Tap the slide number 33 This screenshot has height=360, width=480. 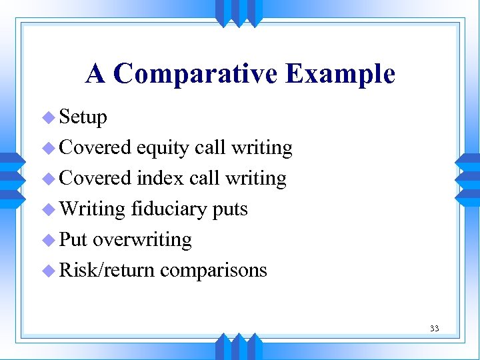[x=434, y=328]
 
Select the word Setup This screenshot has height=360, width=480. [x=83, y=117]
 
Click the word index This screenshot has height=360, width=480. [x=160, y=178]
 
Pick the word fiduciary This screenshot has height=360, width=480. [x=169, y=209]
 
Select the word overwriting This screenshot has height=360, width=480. [x=142, y=240]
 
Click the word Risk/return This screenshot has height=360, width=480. [x=107, y=271]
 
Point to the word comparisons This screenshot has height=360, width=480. [x=213, y=271]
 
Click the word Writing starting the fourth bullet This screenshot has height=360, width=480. [x=92, y=209]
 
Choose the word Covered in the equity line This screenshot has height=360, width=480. [x=95, y=147]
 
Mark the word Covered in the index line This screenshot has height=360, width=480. [x=95, y=178]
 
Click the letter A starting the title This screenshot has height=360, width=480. [x=95, y=74]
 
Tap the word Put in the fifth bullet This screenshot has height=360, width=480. [x=73, y=240]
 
